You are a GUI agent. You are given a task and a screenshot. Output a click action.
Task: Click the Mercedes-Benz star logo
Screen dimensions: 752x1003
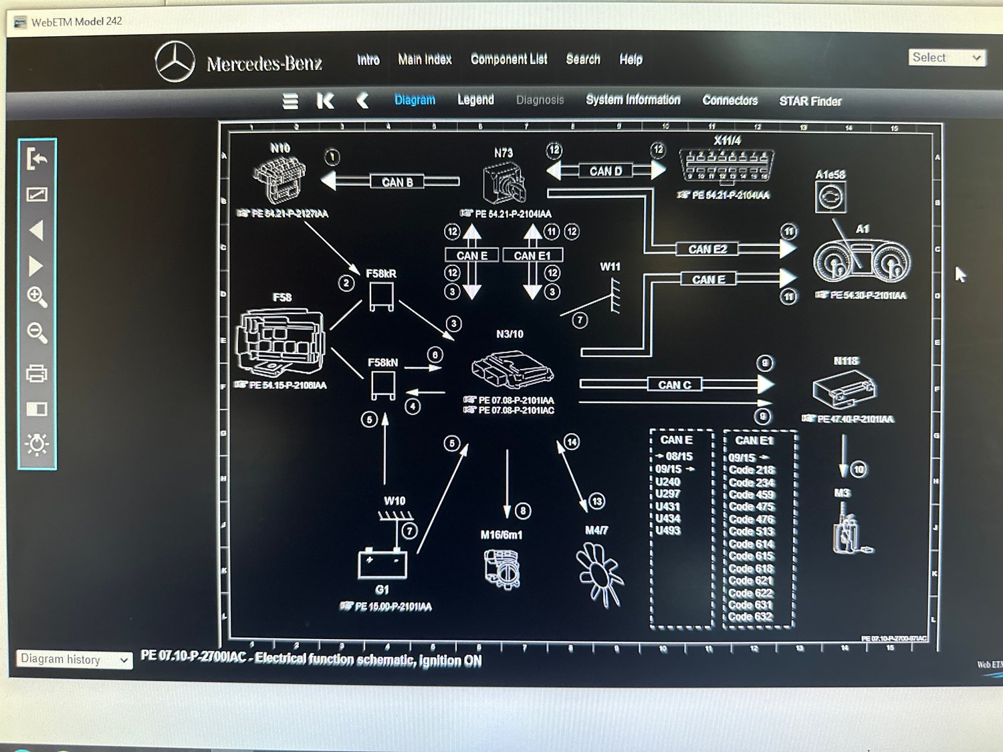pyautogui.click(x=175, y=61)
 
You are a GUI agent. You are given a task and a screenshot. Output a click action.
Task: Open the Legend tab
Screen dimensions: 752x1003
pyautogui.click(x=475, y=100)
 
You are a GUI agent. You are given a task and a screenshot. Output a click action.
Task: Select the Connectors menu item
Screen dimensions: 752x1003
pyautogui.click(x=730, y=100)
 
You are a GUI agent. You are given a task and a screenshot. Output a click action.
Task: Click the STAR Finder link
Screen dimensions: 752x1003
pyautogui.click(x=810, y=101)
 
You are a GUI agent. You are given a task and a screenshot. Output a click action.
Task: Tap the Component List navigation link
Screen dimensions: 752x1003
pyautogui.click(x=509, y=59)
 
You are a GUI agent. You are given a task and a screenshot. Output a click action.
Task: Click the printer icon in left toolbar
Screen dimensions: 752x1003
pyautogui.click(x=37, y=373)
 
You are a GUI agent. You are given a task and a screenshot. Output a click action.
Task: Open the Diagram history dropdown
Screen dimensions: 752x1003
pyautogui.click(x=74, y=659)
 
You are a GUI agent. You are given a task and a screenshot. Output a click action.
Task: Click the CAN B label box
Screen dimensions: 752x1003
pyautogui.click(x=397, y=182)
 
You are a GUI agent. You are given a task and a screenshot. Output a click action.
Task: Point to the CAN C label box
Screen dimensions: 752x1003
pyautogui.click(x=674, y=384)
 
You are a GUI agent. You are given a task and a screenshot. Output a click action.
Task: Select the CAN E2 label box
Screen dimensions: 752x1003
pyautogui.click(x=707, y=249)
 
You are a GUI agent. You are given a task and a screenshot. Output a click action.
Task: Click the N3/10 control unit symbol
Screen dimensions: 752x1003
pyautogui.click(x=512, y=368)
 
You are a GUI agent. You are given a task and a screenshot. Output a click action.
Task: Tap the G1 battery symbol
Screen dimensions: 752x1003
pyautogui.click(x=382, y=563)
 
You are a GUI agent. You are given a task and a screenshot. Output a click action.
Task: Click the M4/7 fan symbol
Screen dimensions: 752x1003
pyautogui.click(x=599, y=574)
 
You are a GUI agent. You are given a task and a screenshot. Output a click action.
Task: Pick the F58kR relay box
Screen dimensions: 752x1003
pyautogui.click(x=382, y=295)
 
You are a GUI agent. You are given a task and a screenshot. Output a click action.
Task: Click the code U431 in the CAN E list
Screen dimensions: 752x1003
pyautogui.click(x=667, y=506)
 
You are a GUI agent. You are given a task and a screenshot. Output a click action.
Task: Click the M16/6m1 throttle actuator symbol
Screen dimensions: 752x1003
pyautogui.click(x=502, y=568)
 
